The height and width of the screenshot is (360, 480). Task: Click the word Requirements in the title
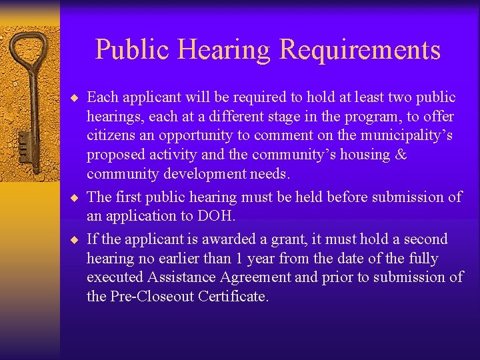pyautogui.click(x=359, y=51)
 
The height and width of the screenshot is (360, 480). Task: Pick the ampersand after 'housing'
pyautogui.click(x=401, y=155)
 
